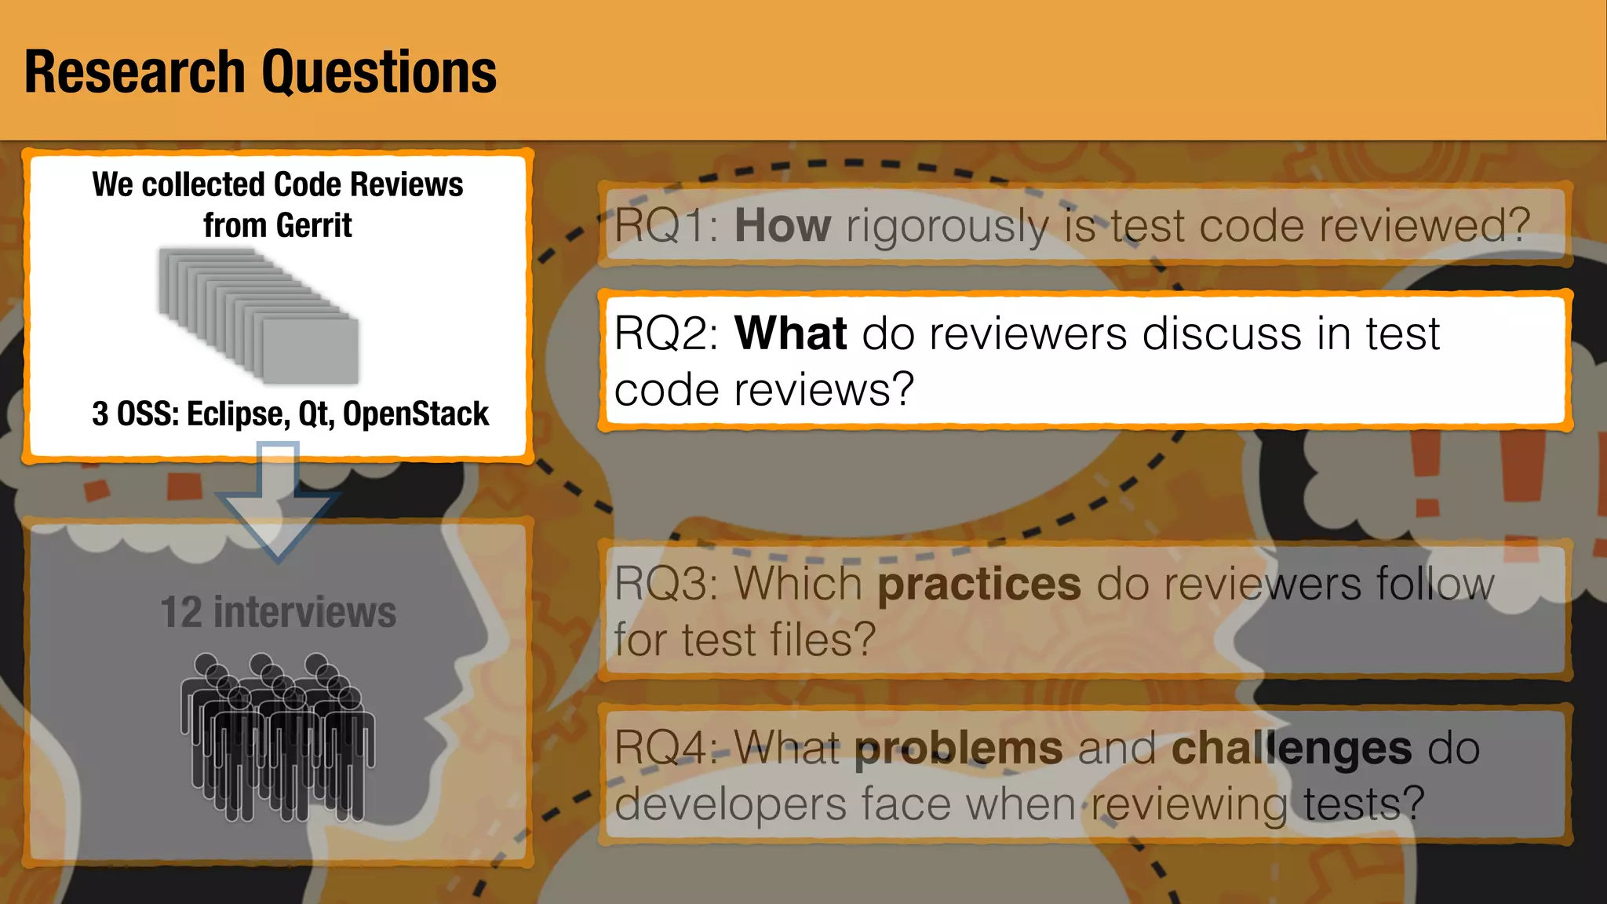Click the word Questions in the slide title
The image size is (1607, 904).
point(378,72)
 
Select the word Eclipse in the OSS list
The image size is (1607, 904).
point(238,414)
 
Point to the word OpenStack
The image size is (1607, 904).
point(416,414)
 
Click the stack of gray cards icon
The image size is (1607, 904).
point(259,315)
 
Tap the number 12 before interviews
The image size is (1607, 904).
point(181,612)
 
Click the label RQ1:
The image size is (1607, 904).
point(667,226)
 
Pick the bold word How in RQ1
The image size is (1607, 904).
point(782,226)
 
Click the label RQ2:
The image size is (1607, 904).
point(667,334)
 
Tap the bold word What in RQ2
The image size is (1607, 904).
point(790,334)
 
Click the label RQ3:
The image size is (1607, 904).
point(667,584)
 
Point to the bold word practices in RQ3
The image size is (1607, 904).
point(978,584)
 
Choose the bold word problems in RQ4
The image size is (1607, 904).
point(958,749)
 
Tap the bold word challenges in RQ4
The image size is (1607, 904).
point(1292,749)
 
